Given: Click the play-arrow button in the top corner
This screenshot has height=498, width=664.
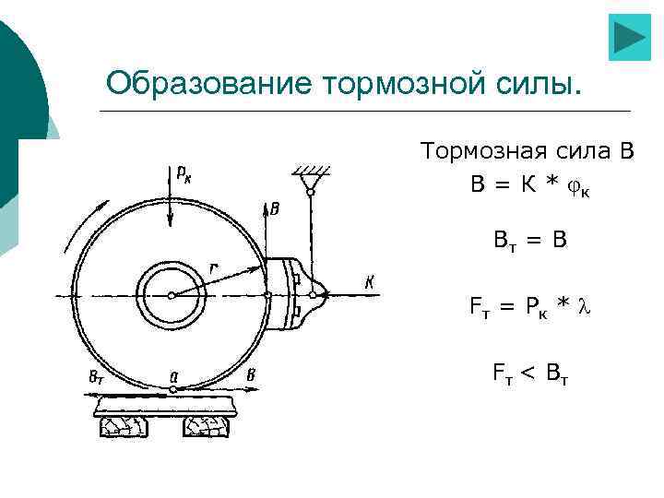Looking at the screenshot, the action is tap(630, 37).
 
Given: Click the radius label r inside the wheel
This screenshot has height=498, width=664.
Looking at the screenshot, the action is tap(214, 268).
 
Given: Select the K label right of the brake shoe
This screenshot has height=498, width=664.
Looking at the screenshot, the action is tap(370, 282).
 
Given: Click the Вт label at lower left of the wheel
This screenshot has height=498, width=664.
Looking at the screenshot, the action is tap(96, 375).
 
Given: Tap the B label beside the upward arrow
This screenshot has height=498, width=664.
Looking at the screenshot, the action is tap(275, 209).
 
